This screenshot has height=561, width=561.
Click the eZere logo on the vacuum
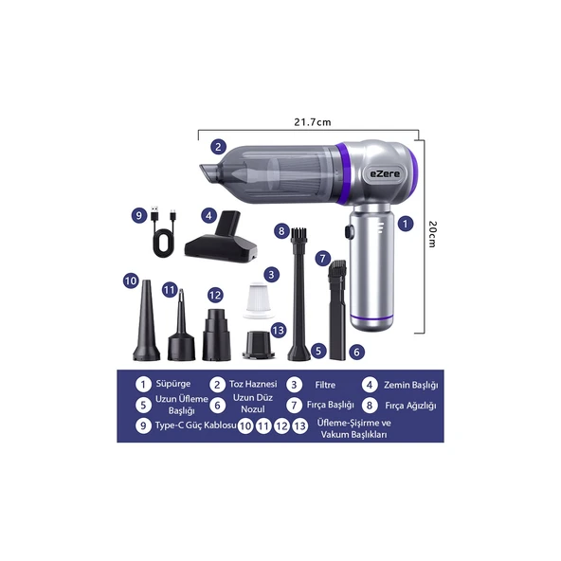click(x=385, y=174)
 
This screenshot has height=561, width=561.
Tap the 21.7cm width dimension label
click(x=313, y=122)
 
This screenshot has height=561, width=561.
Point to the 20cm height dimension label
click(x=432, y=234)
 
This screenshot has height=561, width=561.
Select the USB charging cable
click(x=164, y=231)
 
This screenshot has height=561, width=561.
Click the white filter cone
click(x=259, y=299)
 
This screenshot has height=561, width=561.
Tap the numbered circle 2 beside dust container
click(x=218, y=146)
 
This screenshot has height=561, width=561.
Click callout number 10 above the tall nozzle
click(x=131, y=280)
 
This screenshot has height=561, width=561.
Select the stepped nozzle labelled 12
click(x=216, y=335)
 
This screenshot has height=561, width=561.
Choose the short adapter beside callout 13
click(x=259, y=345)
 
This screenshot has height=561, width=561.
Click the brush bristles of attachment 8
click(x=297, y=234)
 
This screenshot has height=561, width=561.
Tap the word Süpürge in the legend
click(x=173, y=384)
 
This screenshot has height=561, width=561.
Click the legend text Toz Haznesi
click(x=253, y=384)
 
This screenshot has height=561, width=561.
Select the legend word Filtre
click(x=325, y=385)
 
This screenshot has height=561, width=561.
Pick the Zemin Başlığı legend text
click(x=410, y=386)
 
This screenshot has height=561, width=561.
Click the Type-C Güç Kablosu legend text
click(x=196, y=425)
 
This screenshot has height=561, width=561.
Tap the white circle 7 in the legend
click(x=294, y=406)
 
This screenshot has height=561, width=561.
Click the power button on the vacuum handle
click(x=348, y=231)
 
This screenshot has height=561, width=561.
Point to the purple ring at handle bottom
click(x=371, y=317)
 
